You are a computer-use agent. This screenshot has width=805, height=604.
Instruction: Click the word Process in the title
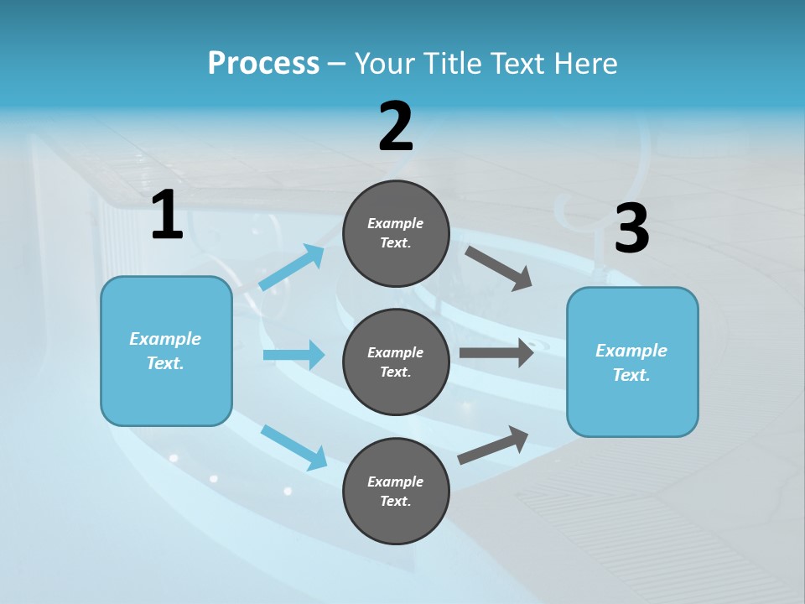point(263,64)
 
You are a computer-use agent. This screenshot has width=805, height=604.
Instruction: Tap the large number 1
point(167,216)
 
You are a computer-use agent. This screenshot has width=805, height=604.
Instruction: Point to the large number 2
point(396,128)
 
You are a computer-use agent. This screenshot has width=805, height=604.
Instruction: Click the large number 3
point(631,229)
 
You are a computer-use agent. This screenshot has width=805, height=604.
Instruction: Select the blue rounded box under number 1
point(166,351)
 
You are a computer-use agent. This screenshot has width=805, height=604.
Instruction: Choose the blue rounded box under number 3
point(632,362)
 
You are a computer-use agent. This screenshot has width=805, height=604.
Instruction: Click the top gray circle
point(396,233)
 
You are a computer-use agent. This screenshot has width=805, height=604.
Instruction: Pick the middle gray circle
point(396,362)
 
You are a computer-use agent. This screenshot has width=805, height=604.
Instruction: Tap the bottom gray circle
point(396,491)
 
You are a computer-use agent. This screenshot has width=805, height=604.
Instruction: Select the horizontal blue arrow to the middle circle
point(293,355)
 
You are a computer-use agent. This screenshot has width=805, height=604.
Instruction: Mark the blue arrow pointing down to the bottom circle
point(293,446)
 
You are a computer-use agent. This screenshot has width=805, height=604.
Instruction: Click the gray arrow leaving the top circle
point(499,268)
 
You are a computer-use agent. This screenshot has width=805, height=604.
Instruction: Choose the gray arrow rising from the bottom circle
point(493,445)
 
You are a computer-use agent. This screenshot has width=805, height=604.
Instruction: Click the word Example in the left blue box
point(165,339)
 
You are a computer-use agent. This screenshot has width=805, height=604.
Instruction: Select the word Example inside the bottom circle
point(396,482)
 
